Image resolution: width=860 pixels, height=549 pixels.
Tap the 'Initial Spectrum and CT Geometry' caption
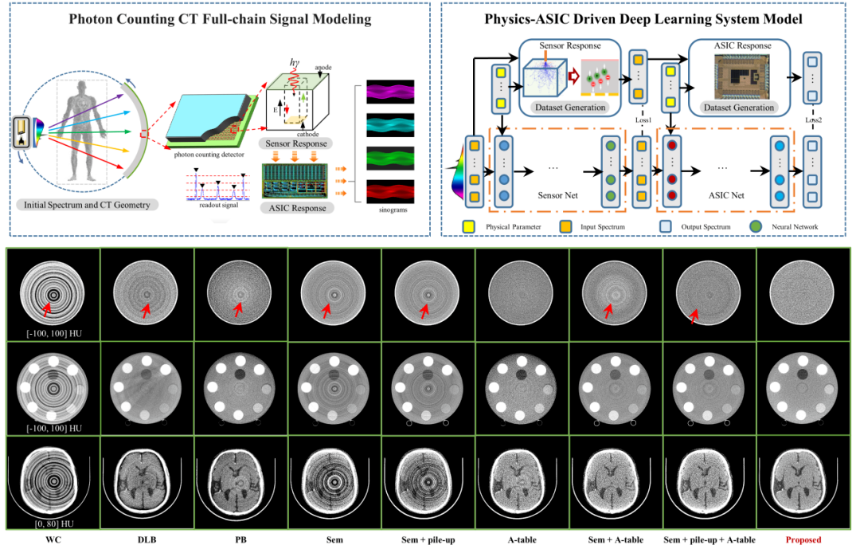tap(88, 205)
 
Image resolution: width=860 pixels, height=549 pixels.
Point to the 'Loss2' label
tap(813, 120)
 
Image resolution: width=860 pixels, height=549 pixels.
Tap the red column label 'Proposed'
tap(803, 540)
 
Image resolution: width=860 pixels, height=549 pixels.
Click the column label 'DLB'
tap(147, 540)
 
